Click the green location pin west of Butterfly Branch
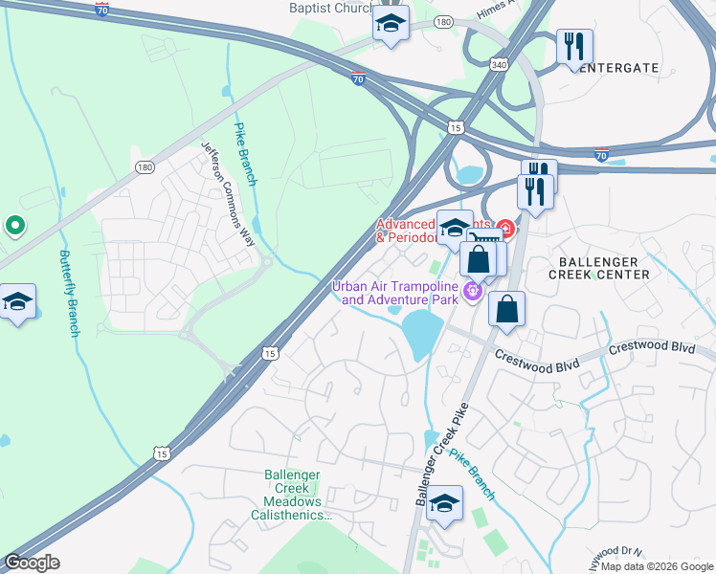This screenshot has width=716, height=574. (14, 226)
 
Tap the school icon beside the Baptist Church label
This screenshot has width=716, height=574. (391, 23)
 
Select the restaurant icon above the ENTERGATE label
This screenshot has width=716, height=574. (574, 46)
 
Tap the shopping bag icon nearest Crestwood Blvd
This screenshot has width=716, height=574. (506, 310)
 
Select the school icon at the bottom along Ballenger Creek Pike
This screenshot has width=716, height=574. (444, 503)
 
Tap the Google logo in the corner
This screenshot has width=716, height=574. (31, 563)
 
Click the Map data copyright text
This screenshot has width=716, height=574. (657, 566)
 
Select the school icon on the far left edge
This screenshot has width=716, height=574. (17, 302)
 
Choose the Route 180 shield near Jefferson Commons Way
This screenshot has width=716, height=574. (145, 167)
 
